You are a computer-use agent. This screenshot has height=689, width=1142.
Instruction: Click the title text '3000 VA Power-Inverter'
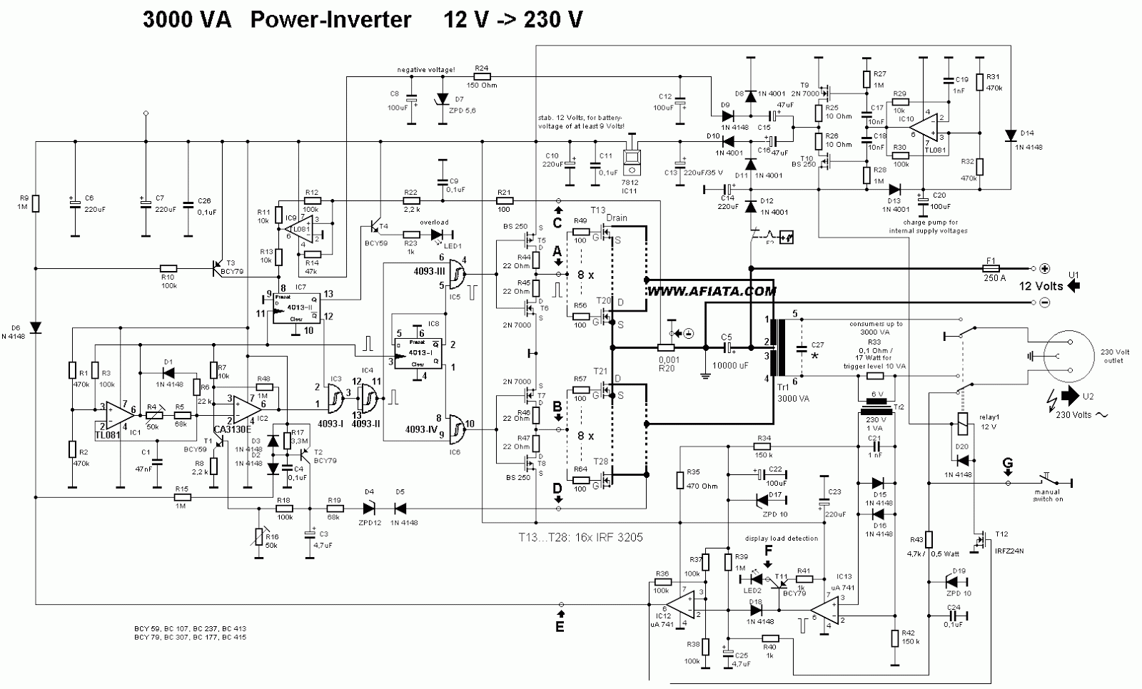(277, 19)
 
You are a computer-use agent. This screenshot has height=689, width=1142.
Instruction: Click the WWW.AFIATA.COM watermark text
(712, 291)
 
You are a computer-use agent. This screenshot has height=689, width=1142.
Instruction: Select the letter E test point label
(560, 627)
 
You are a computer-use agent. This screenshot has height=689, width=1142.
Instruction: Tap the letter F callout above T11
(768, 551)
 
